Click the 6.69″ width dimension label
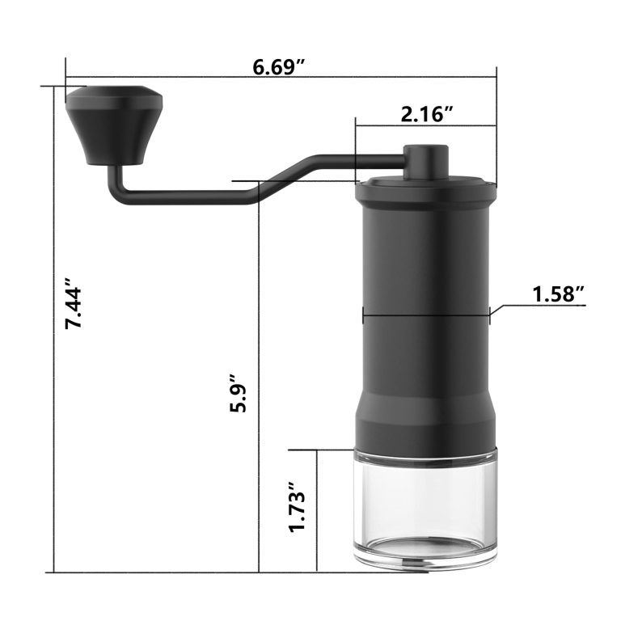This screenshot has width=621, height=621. [279, 67]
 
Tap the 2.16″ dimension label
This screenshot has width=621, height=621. [426, 115]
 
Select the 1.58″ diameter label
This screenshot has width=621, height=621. [559, 294]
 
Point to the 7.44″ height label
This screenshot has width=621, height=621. [74, 303]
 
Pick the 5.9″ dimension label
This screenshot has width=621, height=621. [238, 393]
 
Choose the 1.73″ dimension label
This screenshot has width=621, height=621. [298, 506]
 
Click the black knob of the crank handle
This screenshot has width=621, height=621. [114, 125]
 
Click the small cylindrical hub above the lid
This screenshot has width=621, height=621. [426, 163]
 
